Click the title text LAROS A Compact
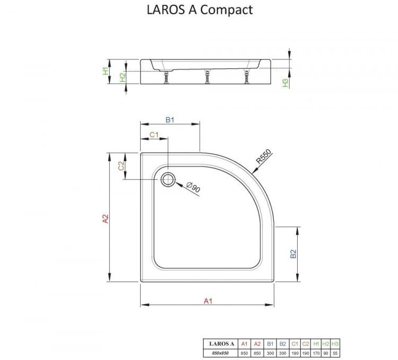point(199,10)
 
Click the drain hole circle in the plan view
point(168,179)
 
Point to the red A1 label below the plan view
point(208,301)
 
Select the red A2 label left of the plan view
point(106,219)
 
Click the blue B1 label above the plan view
point(170,120)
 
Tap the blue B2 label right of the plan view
point(293,254)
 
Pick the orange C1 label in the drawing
point(153,135)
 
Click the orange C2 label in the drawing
point(121,165)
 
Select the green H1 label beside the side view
point(106,70)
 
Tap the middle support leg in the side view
point(205,78)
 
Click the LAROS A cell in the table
point(221,344)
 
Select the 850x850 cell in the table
point(221,353)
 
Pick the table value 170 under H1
point(316,353)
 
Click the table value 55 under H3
point(335,353)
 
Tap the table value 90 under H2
point(325,353)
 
